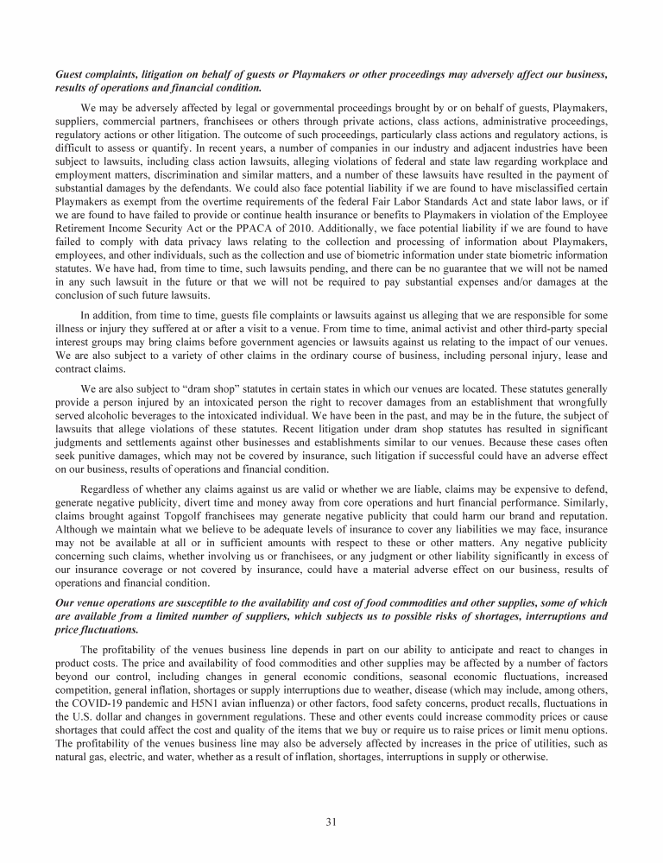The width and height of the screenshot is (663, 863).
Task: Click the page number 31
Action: tap(331, 821)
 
